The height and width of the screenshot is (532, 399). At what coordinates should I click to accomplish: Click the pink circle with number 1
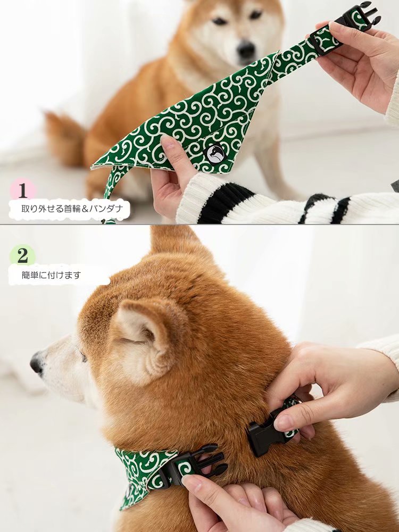(x=23, y=190)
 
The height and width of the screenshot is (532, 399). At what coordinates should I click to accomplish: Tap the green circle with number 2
(x=22, y=255)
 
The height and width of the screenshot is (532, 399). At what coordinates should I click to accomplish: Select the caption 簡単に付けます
(x=51, y=275)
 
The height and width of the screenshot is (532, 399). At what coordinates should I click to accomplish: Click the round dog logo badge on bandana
(x=215, y=154)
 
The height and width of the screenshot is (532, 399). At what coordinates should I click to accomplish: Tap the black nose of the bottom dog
(x=37, y=363)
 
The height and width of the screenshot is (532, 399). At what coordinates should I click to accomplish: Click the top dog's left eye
(x=220, y=21)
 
